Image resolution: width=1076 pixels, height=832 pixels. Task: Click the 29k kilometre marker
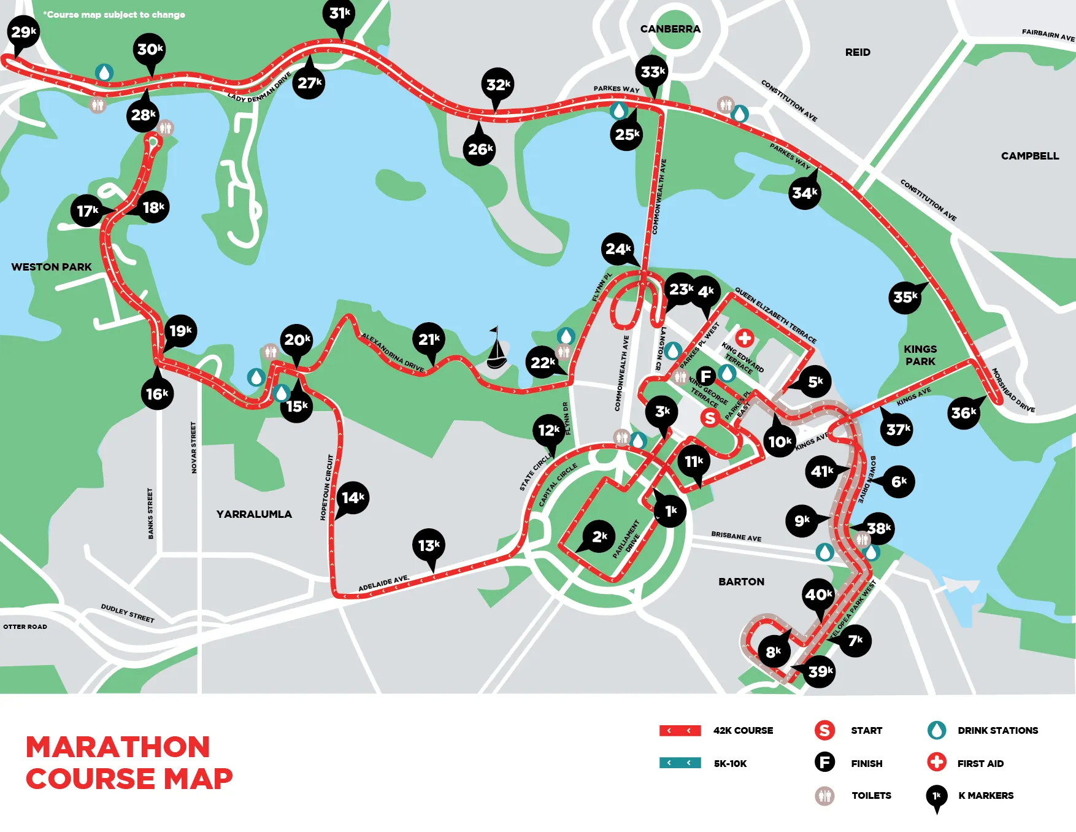23,32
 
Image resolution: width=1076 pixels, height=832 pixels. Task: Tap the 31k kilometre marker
339,13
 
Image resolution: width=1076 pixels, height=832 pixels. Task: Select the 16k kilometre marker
157,394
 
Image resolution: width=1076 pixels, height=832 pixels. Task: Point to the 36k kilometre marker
963,413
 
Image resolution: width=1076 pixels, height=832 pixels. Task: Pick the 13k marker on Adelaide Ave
429,545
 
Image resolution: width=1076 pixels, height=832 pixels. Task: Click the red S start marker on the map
710,418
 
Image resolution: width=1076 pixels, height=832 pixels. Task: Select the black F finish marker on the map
706,376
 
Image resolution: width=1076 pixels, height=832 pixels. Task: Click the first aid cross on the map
744,337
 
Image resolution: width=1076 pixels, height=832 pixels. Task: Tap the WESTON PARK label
52,267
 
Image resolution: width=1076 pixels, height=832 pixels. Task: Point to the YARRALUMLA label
254,514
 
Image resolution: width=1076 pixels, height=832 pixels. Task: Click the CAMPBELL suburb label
1029,156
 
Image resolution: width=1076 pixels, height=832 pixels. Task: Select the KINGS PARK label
920,355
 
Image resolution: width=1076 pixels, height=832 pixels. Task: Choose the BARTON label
741,582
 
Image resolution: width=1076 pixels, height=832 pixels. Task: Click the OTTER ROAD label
25,626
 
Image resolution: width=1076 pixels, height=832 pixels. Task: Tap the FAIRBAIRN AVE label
1048,34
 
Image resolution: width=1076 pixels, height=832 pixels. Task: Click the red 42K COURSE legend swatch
680,730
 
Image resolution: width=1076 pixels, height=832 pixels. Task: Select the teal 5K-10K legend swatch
680,763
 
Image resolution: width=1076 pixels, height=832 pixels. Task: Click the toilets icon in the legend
824,796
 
